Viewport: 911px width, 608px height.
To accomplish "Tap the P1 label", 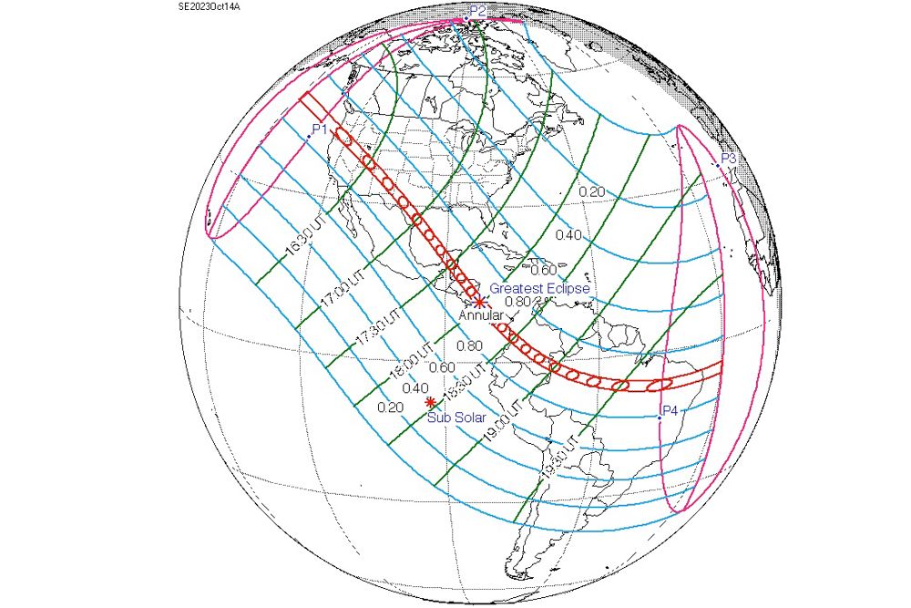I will point(319,129).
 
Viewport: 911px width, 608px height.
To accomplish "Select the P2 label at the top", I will point(477,9).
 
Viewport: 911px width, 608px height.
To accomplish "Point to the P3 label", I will point(728,159).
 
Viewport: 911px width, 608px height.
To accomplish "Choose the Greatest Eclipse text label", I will point(540,288).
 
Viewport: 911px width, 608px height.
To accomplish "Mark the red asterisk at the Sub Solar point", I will point(430,402).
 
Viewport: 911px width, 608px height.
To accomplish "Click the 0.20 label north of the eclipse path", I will point(592,191).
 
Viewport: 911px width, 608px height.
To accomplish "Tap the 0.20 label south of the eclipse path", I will point(389,406).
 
